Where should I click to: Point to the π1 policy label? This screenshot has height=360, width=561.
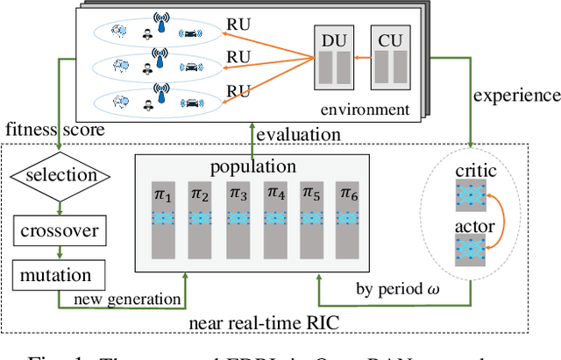coord(162,191)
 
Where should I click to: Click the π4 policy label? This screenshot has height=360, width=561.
coord(275,191)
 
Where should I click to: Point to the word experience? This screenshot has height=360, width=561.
coord(518,95)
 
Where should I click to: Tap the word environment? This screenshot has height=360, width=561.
coord(364,110)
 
